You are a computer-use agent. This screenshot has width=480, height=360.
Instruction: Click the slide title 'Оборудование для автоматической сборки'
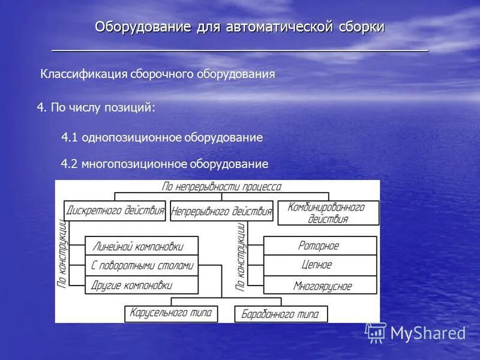click(239, 28)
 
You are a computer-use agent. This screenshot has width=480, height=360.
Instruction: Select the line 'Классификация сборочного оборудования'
click(157, 74)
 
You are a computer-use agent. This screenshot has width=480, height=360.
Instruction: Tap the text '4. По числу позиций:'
click(97, 107)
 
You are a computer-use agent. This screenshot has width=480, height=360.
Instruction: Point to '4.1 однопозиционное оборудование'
click(162, 138)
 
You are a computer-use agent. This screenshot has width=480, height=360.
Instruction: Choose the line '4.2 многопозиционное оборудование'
click(164, 164)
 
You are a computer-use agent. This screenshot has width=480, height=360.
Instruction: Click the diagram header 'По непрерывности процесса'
click(221, 187)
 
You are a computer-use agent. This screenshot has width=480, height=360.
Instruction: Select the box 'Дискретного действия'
click(115, 210)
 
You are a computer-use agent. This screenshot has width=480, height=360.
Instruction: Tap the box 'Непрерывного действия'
click(221, 211)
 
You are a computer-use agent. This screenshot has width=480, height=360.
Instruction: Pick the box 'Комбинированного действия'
click(328, 213)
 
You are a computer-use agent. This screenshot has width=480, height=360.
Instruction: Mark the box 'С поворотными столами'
click(142, 265)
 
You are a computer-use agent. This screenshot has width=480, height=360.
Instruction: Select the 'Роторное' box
click(320, 245)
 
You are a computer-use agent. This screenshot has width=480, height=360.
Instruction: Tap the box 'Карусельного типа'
click(171, 313)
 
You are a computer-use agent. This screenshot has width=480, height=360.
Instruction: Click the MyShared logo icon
click(376, 332)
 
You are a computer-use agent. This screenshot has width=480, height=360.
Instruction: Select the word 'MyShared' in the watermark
click(428, 334)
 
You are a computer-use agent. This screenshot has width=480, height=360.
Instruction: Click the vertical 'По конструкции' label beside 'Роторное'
click(241, 257)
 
